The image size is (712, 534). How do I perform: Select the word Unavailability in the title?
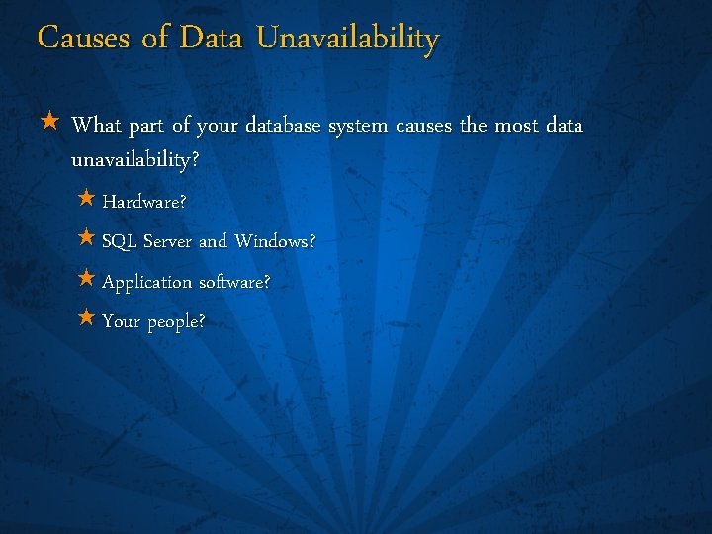347,39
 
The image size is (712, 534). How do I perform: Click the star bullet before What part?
50,124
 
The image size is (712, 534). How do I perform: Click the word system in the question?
358,126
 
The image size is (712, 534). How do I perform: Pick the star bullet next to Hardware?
86,199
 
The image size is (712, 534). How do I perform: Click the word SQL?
120,241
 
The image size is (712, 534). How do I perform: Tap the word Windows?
275,241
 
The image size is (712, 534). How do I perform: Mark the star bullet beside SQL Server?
86,238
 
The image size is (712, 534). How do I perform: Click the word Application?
147,283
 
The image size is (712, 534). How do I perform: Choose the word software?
233,282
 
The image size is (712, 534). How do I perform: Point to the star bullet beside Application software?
86,279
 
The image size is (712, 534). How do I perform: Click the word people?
177,323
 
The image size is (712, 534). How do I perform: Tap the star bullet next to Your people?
86,319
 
